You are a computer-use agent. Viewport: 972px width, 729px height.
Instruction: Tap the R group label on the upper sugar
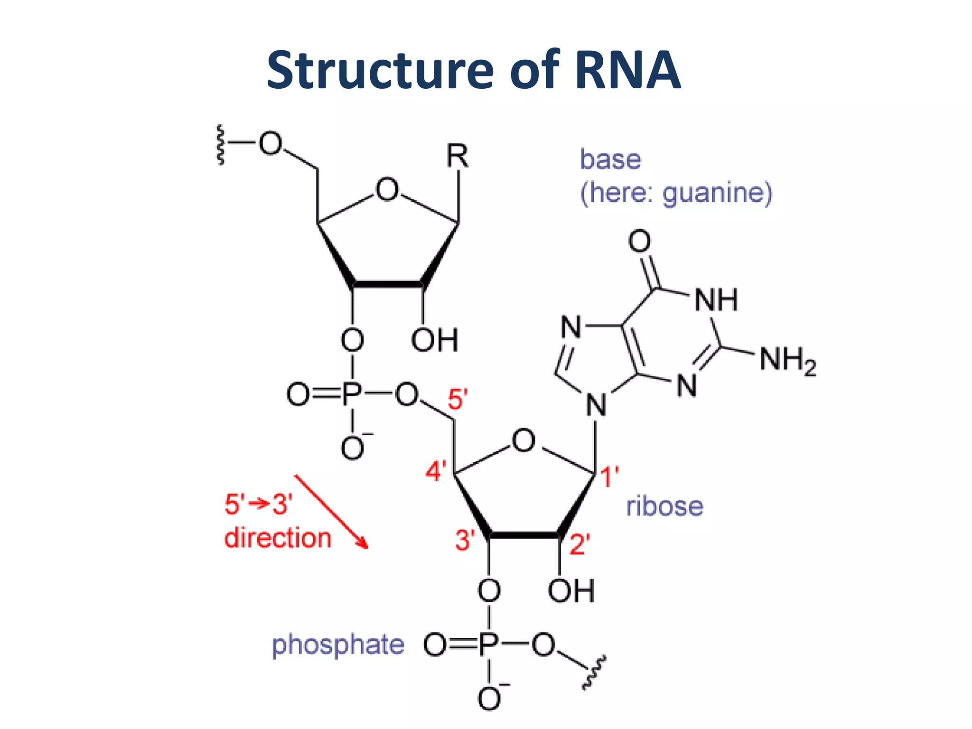point(458,156)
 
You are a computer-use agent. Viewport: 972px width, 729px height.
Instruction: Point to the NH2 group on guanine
point(787,360)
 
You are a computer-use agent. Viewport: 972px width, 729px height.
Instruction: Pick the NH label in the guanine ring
point(716,300)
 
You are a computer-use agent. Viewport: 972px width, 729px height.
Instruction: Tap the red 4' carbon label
point(436,471)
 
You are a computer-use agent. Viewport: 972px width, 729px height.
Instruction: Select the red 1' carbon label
point(609,476)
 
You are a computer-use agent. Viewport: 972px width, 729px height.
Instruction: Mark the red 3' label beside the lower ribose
point(465,540)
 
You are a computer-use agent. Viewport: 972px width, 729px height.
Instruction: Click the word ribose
point(664,506)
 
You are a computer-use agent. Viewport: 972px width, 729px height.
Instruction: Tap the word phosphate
point(337,645)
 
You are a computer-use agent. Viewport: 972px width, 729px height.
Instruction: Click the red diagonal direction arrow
point(331,512)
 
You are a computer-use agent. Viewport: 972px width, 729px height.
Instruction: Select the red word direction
point(278,538)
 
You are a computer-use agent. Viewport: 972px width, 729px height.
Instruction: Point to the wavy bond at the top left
point(220,144)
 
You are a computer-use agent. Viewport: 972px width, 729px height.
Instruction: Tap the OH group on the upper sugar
point(434,340)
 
